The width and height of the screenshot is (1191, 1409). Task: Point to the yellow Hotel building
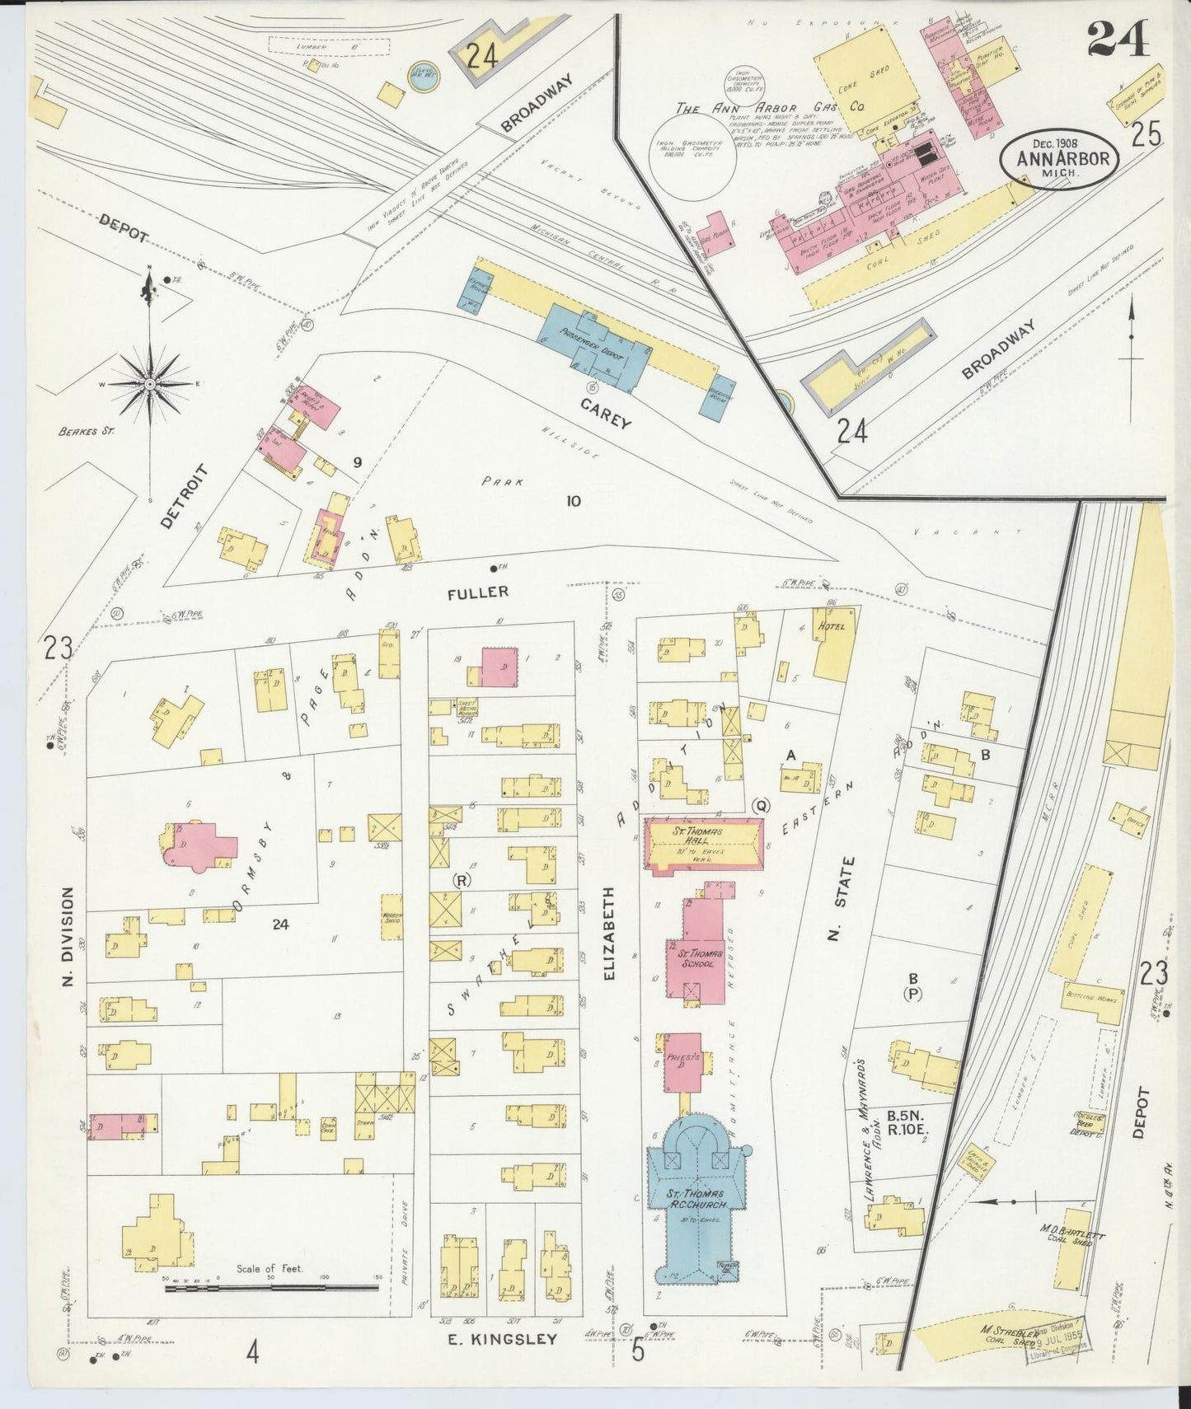tap(835, 651)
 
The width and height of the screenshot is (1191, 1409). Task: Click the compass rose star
tap(150, 384)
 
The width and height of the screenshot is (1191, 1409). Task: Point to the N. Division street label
tap(69, 938)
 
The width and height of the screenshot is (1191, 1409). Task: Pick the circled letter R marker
tap(463, 880)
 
